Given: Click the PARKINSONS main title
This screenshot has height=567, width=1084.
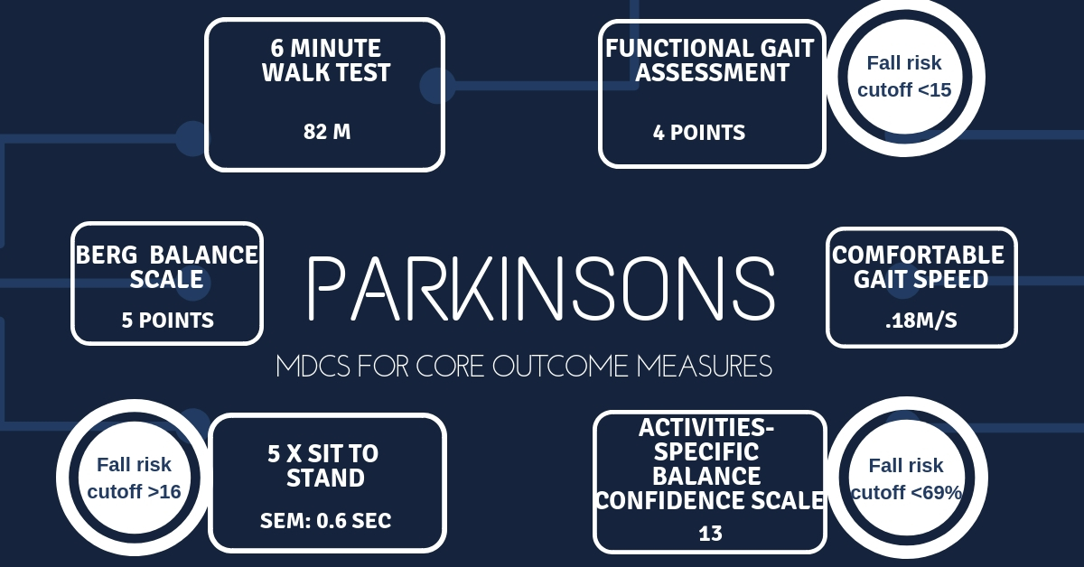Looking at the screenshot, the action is [x=541, y=288].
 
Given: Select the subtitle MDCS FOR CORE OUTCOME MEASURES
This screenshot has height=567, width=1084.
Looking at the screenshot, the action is [x=524, y=366].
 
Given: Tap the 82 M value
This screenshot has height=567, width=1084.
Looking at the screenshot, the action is [x=327, y=132].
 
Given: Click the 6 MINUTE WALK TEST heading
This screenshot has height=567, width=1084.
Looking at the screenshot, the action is [x=326, y=60].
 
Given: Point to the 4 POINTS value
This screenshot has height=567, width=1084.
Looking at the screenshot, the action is [x=699, y=133].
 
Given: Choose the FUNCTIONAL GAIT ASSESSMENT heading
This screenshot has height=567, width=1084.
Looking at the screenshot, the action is [x=710, y=60].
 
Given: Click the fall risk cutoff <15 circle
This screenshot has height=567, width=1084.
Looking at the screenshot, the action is [x=904, y=77].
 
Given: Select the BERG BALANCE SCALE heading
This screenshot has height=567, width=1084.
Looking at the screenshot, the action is [x=167, y=267].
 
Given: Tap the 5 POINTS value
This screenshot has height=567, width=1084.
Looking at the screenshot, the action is [x=167, y=321].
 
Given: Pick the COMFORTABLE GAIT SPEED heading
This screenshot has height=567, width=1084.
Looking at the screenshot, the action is [x=919, y=267].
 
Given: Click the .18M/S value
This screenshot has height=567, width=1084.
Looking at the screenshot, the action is [x=920, y=321].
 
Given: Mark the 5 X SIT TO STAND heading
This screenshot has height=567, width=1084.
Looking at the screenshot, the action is [x=323, y=465].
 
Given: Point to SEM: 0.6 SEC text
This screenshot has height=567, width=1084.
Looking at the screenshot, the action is [x=326, y=521].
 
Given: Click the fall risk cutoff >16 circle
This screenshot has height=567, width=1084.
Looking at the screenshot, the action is [x=135, y=478].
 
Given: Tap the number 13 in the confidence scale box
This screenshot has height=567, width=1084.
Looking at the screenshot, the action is [x=710, y=534].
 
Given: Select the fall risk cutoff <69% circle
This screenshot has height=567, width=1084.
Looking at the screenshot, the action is [x=906, y=478].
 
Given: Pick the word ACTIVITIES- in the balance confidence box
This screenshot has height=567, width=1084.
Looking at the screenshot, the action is [x=706, y=428].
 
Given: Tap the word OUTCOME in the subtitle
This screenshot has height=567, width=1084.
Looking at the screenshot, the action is [x=561, y=366].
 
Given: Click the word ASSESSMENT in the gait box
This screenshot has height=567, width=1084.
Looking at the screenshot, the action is [x=713, y=72].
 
